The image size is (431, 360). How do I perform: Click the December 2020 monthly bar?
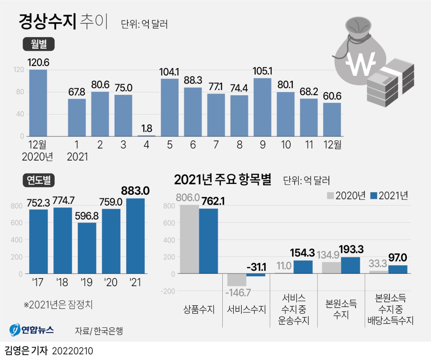38,103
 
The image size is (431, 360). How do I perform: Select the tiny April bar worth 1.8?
147,135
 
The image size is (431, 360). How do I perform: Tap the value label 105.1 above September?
262,70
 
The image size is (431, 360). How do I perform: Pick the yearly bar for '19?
87,248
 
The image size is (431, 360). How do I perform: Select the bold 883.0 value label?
135,190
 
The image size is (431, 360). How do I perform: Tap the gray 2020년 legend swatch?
330,195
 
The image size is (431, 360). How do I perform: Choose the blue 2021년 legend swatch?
374,195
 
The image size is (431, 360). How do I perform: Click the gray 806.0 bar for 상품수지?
189,239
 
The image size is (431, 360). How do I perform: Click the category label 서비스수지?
246,309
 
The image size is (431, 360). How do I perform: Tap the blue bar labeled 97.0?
398,269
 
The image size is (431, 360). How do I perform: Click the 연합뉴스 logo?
32,330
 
